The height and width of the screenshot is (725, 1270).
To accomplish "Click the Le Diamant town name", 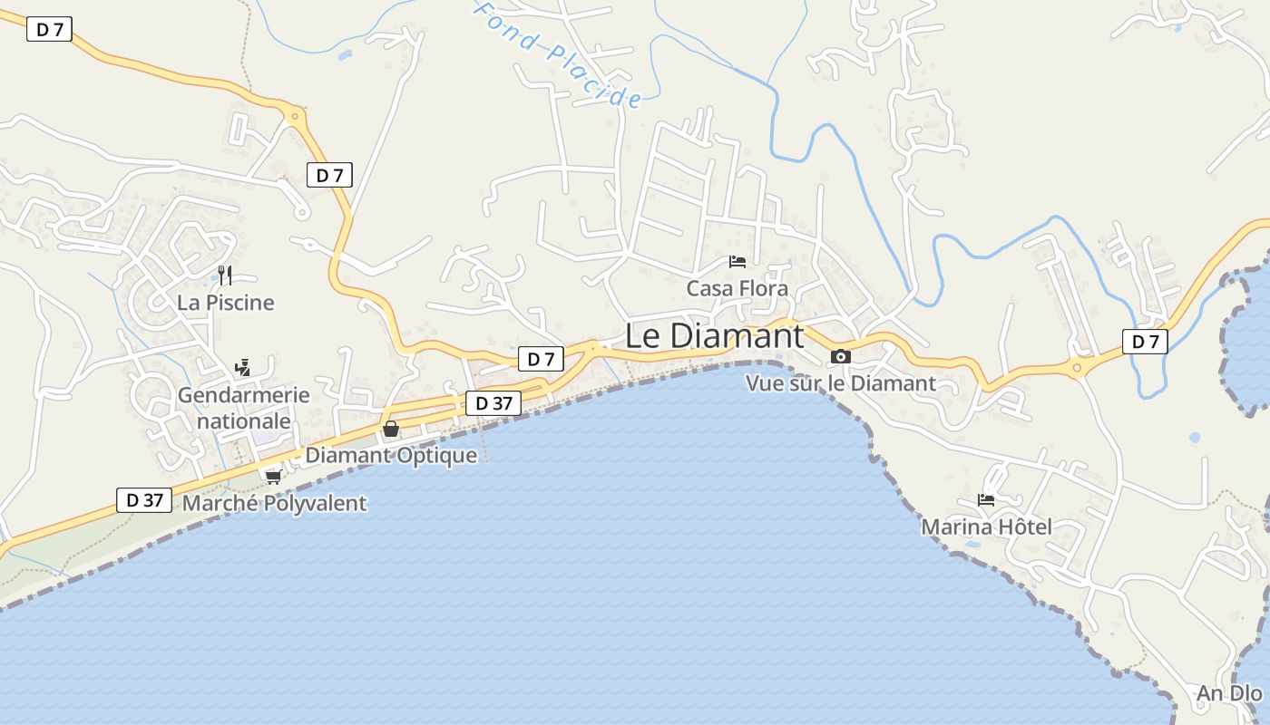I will point(714,336).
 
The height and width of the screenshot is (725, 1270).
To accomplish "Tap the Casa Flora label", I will point(737,288).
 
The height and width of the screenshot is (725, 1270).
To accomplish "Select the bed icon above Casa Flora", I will point(738,262).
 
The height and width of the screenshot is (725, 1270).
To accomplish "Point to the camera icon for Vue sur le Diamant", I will point(841,356).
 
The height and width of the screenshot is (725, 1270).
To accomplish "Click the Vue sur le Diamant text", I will point(840,383).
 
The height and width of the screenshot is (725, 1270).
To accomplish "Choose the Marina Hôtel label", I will point(986,527).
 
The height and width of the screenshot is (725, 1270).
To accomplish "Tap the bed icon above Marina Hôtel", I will point(986,499).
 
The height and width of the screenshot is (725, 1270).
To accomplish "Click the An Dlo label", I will point(1229,694).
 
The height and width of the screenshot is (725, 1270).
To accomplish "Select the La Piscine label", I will point(225,303).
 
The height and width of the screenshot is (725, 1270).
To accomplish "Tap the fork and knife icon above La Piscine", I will point(225,275).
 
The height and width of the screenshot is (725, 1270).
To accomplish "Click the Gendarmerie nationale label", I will point(243,409).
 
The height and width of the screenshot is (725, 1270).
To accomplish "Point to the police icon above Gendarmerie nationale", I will point(242,368).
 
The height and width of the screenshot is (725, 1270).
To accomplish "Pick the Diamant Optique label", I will point(391,455).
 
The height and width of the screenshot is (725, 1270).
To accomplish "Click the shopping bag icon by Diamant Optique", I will point(391,429).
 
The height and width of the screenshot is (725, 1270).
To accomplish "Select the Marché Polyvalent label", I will point(274,504).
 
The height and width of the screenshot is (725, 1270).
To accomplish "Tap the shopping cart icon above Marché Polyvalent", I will point(273,476).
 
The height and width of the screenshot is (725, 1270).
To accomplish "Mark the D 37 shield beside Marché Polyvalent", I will point(144,499).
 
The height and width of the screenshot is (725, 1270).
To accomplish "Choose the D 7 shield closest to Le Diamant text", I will point(541,359).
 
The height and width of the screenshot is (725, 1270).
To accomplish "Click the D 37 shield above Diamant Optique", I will point(493,403).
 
